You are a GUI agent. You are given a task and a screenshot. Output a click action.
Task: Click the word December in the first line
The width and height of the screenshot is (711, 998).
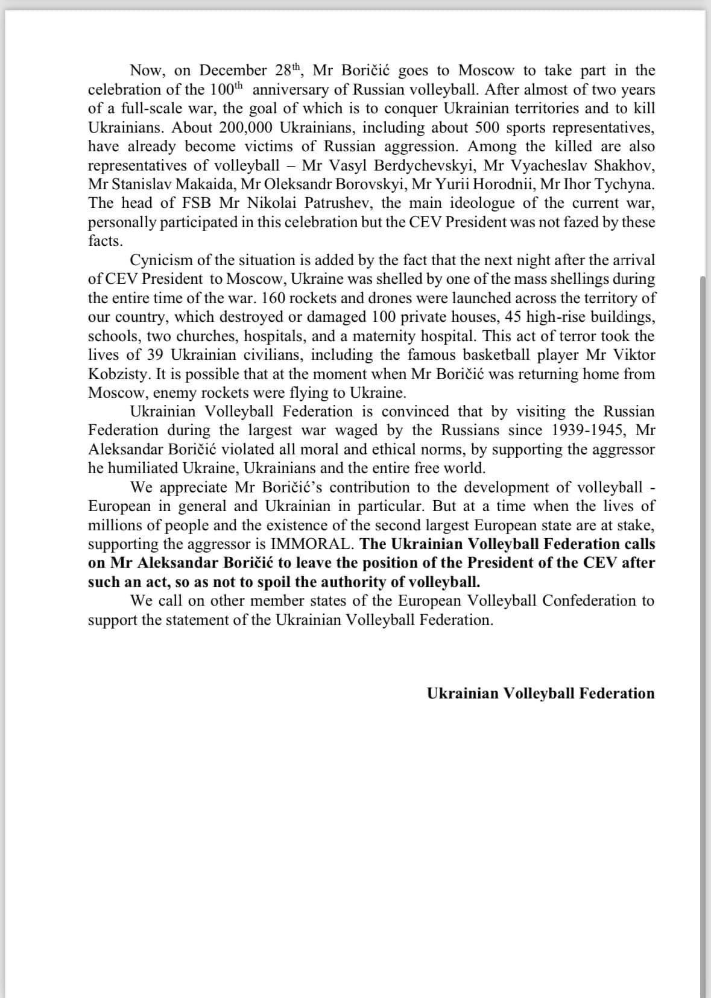(233, 71)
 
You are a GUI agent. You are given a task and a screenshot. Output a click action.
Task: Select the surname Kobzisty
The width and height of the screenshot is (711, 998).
(118, 374)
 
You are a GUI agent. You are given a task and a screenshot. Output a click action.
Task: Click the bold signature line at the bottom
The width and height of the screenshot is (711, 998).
(540, 694)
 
